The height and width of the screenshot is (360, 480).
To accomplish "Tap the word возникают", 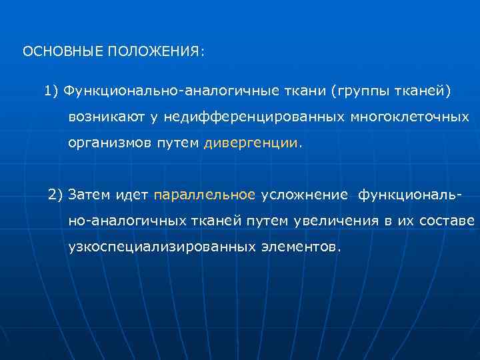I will (x=106, y=117).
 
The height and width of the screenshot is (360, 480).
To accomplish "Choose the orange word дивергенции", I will (x=251, y=143).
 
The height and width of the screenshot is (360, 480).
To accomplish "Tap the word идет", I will (x=131, y=195).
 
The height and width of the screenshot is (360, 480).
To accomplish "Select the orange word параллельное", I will (x=204, y=195).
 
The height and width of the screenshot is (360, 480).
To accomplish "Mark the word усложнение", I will (x=304, y=195).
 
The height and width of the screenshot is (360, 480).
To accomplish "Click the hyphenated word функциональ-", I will (x=408, y=195).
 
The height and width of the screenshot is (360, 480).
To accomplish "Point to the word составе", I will (x=447, y=221).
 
